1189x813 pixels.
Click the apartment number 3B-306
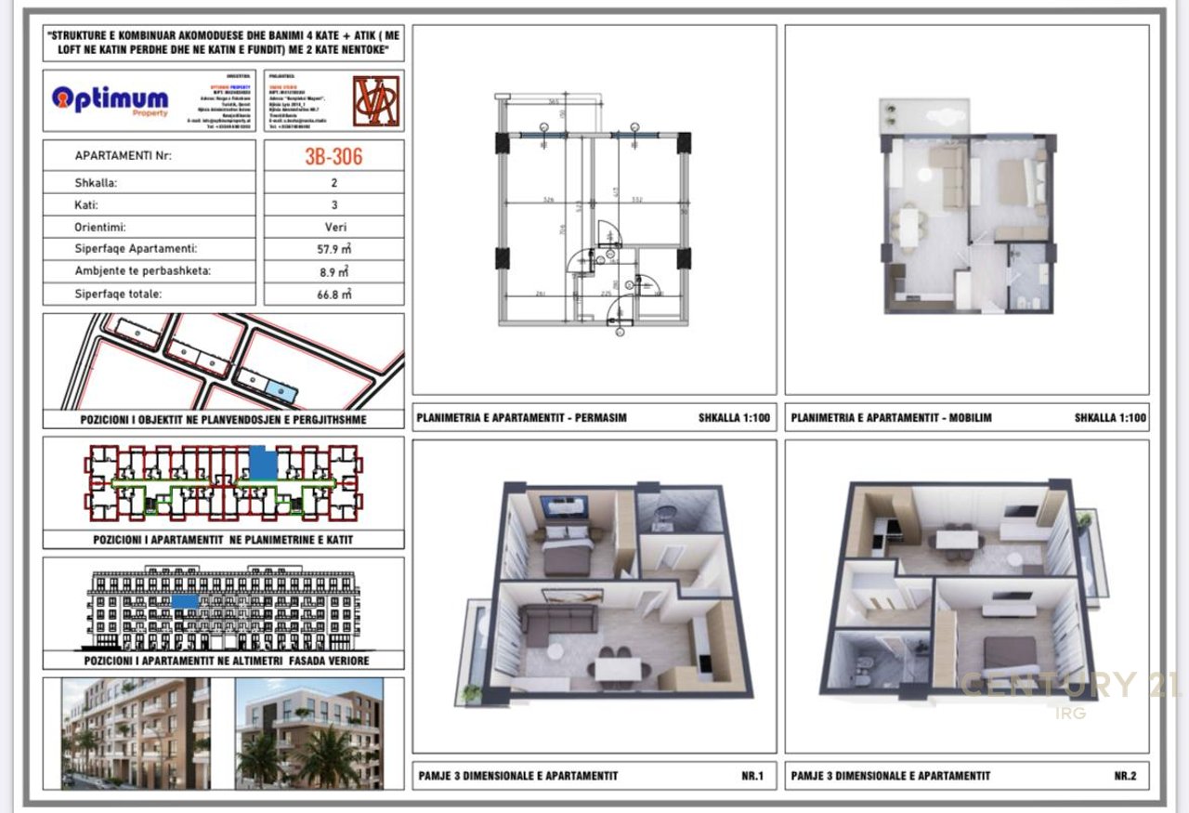pyautogui.click(x=333, y=155)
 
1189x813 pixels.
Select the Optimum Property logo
pyautogui.click(x=111, y=99)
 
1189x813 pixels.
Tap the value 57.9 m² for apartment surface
pyautogui.click(x=333, y=249)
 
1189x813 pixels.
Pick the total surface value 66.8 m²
pyautogui.click(x=333, y=294)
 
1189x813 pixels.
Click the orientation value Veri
pyautogui.click(x=333, y=227)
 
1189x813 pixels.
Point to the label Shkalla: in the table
pyautogui.click(x=96, y=183)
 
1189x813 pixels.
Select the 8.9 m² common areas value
pyautogui.click(x=333, y=271)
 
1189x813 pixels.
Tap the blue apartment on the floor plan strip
pyautogui.click(x=264, y=462)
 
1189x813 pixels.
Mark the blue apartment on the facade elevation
pyautogui.click(x=185, y=601)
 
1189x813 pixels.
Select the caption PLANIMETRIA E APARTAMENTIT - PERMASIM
pyautogui.click(x=522, y=418)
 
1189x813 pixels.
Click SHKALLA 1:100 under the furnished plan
pyautogui.click(x=1110, y=418)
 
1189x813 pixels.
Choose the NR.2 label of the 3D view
pyautogui.click(x=1125, y=776)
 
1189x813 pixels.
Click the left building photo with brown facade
pyautogui.click(x=136, y=733)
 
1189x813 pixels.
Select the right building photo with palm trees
pyautogui.click(x=308, y=733)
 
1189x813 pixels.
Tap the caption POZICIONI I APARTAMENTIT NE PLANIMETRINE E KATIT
pyautogui.click(x=223, y=539)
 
